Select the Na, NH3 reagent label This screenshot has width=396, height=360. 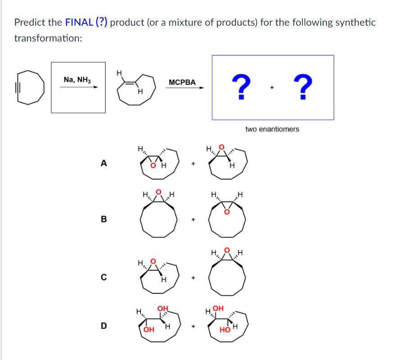click(77, 80)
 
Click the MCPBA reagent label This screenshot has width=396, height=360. click(182, 82)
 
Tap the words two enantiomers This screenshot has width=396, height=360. click(272, 129)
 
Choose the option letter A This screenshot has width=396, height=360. click(104, 164)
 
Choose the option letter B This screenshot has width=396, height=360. click(104, 220)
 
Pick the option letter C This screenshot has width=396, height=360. click(104, 277)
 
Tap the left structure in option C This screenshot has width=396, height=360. click(158, 276)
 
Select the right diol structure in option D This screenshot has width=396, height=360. click(227, 324)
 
